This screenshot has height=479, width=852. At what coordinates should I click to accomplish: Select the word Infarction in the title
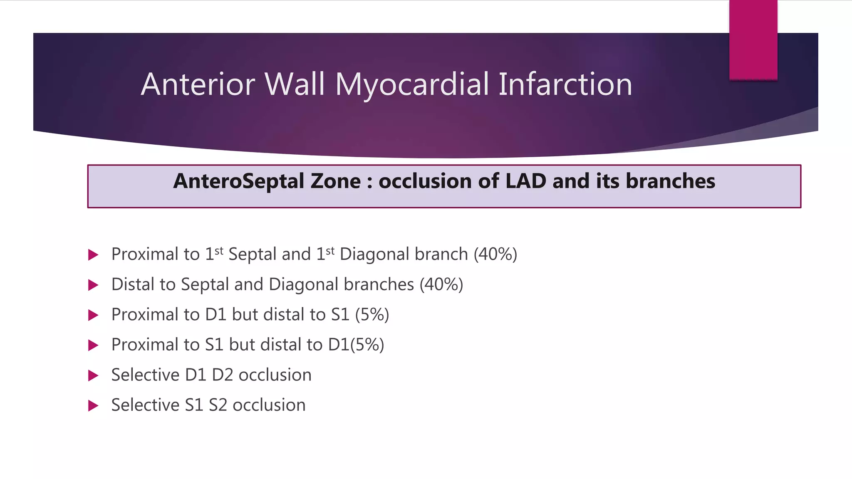565,85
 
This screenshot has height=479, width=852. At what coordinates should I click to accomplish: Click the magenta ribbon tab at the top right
753,40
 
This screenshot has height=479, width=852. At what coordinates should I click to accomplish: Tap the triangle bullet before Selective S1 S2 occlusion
93,406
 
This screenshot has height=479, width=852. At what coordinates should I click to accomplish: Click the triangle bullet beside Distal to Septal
93,285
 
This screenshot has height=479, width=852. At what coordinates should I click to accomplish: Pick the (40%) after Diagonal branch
495,254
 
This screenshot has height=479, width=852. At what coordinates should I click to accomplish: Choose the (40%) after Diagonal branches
441,285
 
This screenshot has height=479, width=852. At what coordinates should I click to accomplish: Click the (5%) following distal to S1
372,315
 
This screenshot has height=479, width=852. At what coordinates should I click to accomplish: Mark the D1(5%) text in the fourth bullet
356,345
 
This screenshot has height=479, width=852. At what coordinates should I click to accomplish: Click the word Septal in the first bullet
252,254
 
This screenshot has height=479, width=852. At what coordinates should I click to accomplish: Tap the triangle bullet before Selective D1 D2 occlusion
93,375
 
